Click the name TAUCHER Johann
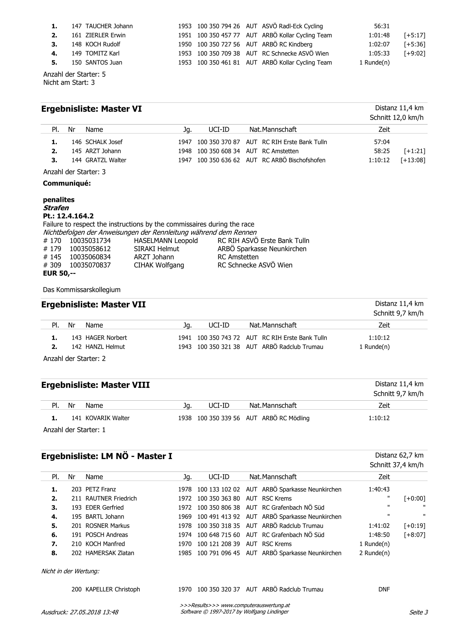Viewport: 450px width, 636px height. (x=109, y=26)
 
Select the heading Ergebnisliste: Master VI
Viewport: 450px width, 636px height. (x=91, y=109)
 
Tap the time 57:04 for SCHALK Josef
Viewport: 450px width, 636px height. (x=381, y=142)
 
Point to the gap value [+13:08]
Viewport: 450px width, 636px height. (x=412, y=160)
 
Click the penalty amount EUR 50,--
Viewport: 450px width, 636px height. (x=59, y=273)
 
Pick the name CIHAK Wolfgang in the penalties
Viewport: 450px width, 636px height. (x=159, y=265)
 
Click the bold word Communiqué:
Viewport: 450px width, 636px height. (x=67, y=183)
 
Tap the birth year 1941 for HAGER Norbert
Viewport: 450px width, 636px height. (x=185, y=338)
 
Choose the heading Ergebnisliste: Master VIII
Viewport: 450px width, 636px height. (x=95, y=385)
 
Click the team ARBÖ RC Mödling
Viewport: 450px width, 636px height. (x=286, y=418)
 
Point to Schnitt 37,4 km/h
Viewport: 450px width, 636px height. (x=396, y=465)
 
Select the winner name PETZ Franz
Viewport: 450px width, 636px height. (x=101, y=489)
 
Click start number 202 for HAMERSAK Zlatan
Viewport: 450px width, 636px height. (x=76, y=553)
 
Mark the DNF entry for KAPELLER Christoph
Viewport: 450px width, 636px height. (x=384, y=589)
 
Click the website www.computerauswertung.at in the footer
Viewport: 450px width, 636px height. (x=255, y=605)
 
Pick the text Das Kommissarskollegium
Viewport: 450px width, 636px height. (x=82, y=290)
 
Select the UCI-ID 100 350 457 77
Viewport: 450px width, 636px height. (x=218, y=35)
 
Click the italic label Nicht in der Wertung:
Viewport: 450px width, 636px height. (x=70, y=571)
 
